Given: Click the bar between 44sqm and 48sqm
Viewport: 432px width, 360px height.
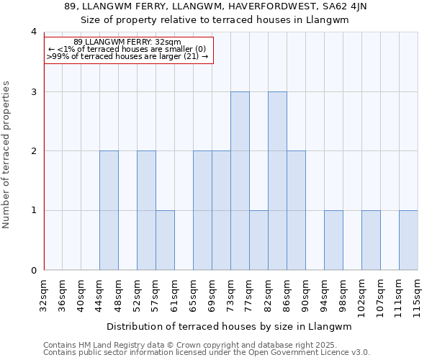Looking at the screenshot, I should (x=109, y=210).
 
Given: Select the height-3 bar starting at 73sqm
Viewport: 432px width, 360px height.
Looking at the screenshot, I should (x=240, y=181).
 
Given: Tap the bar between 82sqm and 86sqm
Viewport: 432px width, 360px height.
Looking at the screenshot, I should (x=277, y=181).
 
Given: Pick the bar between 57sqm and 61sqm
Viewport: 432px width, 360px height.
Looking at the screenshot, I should (x=165, y=240).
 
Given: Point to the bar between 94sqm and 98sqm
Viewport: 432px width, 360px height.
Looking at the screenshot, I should (x=333, y=240).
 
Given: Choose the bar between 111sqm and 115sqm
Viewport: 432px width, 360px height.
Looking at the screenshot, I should (x=408, y=240).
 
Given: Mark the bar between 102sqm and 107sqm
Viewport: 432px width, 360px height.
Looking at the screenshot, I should (x=371, y=240).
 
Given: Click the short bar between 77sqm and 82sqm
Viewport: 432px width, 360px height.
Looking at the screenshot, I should (x=258, y=240).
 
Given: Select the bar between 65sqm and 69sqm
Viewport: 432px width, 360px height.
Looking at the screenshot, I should (x=202, y=210).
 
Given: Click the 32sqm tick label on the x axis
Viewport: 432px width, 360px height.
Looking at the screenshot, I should (x=44, y=294).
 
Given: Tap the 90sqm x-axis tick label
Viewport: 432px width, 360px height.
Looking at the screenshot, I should (x=306, y=294).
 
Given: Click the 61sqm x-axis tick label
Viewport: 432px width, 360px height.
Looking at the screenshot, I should (x=175, y=294).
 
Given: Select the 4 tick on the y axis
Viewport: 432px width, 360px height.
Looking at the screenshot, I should (x=34, y=32).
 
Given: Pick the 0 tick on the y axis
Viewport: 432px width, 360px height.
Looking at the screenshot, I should (x=34, y=271).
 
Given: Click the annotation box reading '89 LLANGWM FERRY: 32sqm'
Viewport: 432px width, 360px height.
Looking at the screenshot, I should (x=129, y=50).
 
